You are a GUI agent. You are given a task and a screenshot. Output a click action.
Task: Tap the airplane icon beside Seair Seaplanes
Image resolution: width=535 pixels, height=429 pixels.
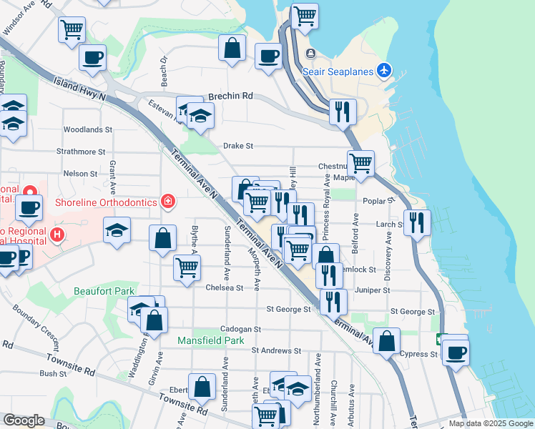click(x=385, y=70)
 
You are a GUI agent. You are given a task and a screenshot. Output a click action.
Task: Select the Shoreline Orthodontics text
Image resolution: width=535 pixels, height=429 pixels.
click(x=106, y=202)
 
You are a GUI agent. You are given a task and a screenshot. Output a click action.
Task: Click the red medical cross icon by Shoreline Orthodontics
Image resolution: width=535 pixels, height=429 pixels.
click(x=167, y=202)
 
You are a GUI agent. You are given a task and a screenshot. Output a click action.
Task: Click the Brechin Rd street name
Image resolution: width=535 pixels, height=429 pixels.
click(x=230, y=96)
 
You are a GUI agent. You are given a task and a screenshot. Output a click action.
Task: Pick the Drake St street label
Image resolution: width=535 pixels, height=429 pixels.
click(x=238, y=146)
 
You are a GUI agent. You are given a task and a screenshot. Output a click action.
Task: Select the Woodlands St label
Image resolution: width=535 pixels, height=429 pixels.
click(x=88, y=130)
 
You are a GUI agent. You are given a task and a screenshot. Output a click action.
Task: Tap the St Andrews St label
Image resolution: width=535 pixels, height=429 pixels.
click(x=276, y=350)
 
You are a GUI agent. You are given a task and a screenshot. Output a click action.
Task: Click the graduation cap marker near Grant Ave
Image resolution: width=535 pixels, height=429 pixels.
click(x=117, y=230)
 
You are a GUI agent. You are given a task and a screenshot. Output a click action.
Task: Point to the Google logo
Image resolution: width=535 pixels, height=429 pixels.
click(x=24, y=420)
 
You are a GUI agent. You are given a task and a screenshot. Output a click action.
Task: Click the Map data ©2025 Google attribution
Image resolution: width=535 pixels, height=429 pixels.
click(x=490, y=423)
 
